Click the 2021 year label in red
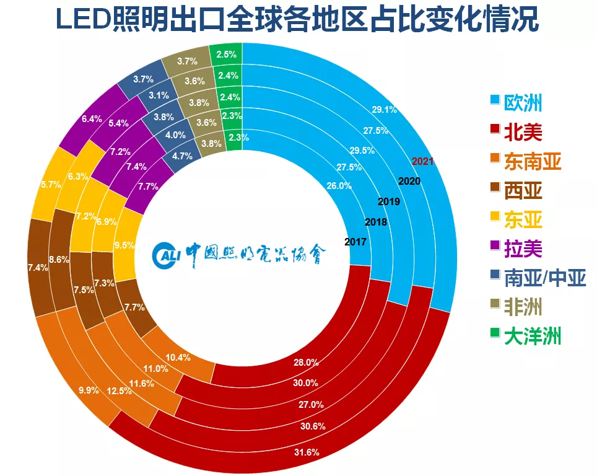[422, 161]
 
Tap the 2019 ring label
[389, 202]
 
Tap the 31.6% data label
[306, 452]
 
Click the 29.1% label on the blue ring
[384, 109]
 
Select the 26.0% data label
[339, 185]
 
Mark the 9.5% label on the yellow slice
[124, 245]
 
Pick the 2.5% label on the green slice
[226, 55]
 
